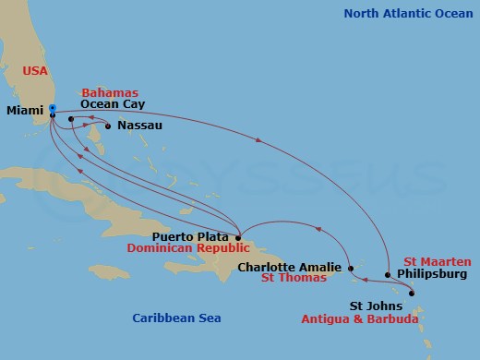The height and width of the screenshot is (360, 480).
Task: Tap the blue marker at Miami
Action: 53,110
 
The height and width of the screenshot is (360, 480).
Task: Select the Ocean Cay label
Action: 110,105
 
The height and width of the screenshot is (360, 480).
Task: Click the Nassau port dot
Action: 108,126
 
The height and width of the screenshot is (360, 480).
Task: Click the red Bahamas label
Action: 110,93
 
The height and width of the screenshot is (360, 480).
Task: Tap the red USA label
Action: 34,70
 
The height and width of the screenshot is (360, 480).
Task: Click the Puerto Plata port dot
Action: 238,236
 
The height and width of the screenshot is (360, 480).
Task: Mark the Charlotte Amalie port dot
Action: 353,269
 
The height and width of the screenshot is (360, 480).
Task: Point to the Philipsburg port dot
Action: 388,274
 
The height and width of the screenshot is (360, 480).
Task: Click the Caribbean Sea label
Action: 176,318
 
